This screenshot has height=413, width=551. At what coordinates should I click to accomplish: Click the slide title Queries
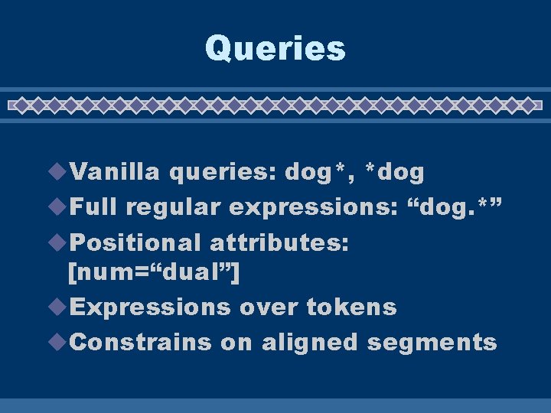[x=275, y=49]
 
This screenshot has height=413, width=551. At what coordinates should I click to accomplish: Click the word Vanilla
[x=115, y=173]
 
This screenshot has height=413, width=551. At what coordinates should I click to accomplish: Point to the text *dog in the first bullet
[x=395, y=173]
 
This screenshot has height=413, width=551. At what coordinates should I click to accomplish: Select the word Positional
[x=135, y=243]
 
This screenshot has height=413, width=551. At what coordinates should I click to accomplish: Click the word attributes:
[x=279, y=243]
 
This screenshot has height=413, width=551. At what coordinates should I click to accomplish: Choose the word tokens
[x=351, y=307]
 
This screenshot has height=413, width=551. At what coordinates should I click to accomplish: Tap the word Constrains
[x=140, y=342]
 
